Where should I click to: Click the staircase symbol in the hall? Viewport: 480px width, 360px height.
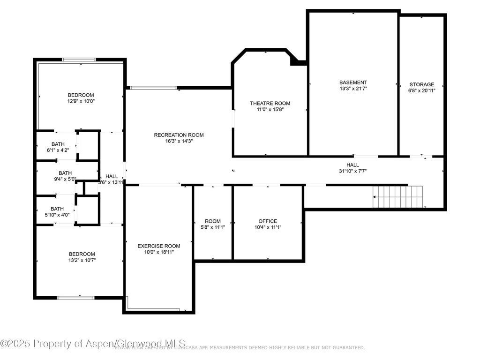tap(398, 197)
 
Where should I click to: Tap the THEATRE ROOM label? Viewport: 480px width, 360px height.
tap(270, 103)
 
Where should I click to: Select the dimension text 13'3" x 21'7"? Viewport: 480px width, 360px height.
tap(353, 89)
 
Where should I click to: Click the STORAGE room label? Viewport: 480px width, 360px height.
tap(421, 84)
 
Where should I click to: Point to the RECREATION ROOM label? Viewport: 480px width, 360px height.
tap(179, 135)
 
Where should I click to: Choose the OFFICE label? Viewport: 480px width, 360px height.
tap(268, 221)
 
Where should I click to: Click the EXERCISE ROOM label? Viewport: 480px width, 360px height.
tap(158, 246)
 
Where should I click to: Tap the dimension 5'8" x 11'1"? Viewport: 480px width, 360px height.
tap(212, 227)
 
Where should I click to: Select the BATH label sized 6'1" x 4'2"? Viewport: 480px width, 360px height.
tap(58, 144)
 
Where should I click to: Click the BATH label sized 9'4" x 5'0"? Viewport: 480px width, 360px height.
tap(65, 172)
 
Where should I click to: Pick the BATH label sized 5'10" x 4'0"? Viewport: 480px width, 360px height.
tap(57, 209)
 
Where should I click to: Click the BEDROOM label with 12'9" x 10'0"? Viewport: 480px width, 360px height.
tap(81, 95)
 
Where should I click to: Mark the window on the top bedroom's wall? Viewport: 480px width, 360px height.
tap(79, 60)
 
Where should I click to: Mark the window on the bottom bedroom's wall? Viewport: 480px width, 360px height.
tap(75, 297)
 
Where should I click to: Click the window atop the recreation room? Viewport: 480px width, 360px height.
tap(153, 88)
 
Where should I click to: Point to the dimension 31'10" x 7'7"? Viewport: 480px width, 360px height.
tap(352, 171)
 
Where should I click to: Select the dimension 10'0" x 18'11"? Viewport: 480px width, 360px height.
tap(158, 252)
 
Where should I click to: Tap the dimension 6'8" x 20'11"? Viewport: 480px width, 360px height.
tap(421, 91)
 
